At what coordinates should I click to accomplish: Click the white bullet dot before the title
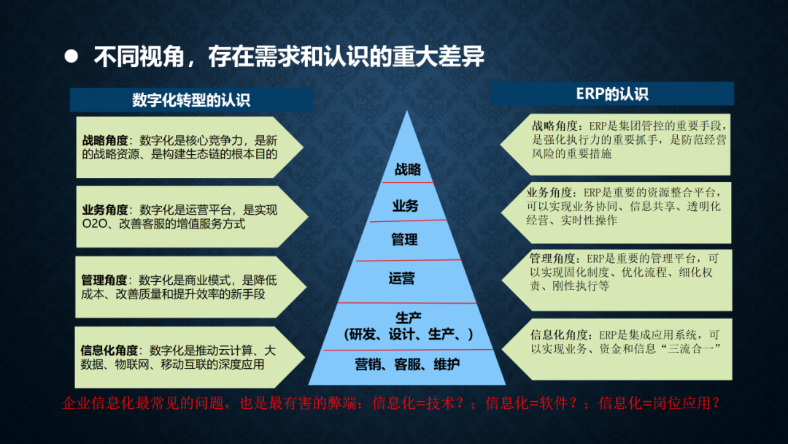pos(72,55)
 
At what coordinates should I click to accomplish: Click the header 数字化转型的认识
pos(191,100)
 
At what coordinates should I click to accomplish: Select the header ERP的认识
pos(612,94)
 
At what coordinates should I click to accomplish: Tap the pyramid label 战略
pos(408,169)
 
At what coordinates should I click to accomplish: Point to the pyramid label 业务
pos(406,206)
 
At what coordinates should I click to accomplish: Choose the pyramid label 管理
pos(404,240)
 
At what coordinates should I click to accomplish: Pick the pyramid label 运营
pos(401,278)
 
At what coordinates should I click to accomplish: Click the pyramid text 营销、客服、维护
pos(407,364)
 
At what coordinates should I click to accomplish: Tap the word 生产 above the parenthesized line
pos(409,318)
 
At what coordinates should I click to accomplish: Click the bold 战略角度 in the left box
pos(106,141)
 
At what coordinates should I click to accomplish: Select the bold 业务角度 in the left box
pos(106,210)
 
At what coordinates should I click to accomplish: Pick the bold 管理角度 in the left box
pos(104,280)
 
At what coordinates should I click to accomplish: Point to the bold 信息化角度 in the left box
pos(109,351)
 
